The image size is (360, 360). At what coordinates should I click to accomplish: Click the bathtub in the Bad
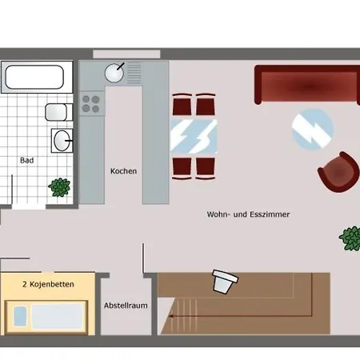pos(37,77)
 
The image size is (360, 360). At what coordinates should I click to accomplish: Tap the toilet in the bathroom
pos(58,112)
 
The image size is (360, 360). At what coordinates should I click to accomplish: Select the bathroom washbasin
pos(62,141)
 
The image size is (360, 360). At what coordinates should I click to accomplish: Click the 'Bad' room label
pos(27,160)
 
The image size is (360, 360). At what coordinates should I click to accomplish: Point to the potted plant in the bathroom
pos(59,187)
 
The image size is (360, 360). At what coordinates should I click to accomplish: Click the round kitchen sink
pos(114,73)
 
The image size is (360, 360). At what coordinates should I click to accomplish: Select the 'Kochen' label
pos(123,171)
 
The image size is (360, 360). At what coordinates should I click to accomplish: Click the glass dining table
pos(194,137)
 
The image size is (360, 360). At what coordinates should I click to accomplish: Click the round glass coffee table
pos(313,129)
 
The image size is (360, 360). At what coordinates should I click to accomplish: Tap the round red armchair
pos(338,172)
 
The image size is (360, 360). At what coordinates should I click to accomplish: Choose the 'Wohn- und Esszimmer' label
pos(248,214)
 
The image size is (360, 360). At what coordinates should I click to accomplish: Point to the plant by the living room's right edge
pos(350,238)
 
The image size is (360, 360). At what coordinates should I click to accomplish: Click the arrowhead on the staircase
pos(171,316)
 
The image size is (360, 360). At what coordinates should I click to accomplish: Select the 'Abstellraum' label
pos(126,306)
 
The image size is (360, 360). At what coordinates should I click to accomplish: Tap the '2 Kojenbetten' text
pos(48,284)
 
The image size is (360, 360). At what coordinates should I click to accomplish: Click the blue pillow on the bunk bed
pos(20,316)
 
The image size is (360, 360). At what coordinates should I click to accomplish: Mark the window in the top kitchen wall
pos(126,54)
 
